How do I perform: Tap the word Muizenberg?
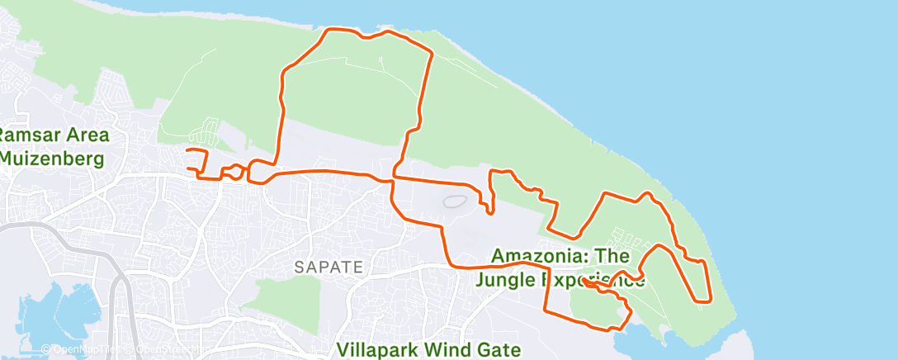[52, 157]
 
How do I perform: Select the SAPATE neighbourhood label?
[328, 267]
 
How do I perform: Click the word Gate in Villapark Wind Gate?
[500, 349]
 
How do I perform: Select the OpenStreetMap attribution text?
[165, 350]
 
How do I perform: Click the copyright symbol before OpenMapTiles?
[45, 350]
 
